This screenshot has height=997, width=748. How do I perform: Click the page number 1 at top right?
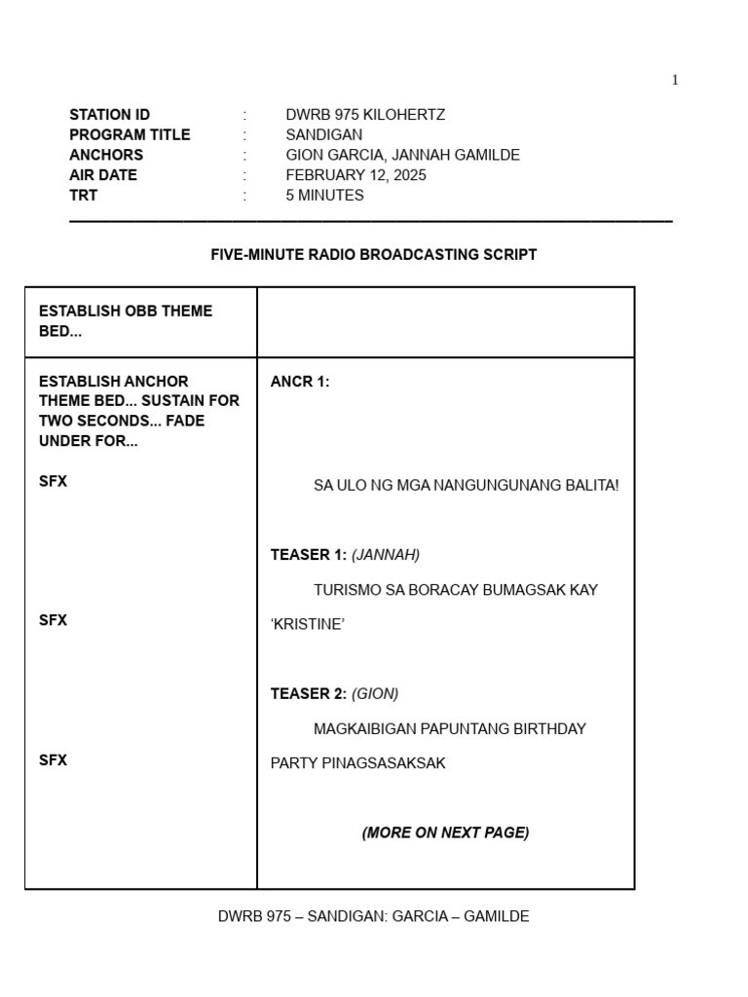(675, 80)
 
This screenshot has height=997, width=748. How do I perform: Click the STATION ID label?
(109, 115)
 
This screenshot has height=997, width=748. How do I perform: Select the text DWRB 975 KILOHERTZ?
(365, 115)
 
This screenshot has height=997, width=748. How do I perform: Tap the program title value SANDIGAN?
(323, 135)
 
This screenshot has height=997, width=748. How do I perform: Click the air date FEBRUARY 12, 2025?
(355, 175)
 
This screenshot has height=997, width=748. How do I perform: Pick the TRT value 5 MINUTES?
(324, 196)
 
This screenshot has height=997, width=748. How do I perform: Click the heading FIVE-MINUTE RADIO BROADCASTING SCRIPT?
(374, 255)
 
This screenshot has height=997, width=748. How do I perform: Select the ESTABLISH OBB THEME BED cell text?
(126, 321)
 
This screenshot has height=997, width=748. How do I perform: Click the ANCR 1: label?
(300, 382)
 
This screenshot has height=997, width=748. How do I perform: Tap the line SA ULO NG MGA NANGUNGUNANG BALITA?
(466, 485)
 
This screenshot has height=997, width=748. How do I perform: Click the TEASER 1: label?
(308, 555)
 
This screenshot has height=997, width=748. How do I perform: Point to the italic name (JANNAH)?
(386, 555)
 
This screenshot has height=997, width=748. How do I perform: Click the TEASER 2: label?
(308, 694)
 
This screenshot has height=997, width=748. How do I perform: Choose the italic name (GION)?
(375, 694)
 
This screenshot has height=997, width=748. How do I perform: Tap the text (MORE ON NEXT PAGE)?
(445, 833)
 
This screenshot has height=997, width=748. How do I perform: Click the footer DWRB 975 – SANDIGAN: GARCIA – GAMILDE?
(374, 917)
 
